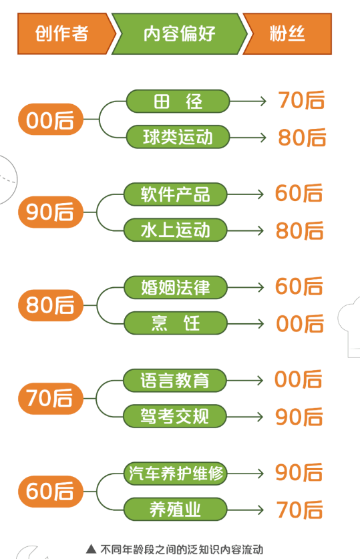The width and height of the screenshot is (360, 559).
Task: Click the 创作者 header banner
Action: [x=64, y=34]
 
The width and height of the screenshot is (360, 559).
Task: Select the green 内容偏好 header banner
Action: [x=179, y=34]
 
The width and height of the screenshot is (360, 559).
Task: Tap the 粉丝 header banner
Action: [x=287, y=34]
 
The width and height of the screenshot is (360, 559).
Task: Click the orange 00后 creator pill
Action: [x=50, y=120]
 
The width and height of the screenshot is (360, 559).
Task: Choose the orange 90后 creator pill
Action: [x=50, y=212]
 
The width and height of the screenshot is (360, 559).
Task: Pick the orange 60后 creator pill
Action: [x=50, y=492]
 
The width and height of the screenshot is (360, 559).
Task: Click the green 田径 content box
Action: [x=178, y=102]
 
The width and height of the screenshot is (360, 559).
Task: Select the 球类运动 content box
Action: [x=178, y=137]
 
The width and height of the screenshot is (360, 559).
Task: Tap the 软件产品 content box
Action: [x=176, y=194]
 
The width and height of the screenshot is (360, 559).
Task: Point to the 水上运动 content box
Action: [x=176, y=230]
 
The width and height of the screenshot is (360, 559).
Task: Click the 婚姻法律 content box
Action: [x=176, y=287]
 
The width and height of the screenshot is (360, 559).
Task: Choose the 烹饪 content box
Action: [x=176, y=323]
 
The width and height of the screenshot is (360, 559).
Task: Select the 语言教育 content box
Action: [x=174, y=381]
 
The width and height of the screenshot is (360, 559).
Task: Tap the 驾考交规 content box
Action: [x=174, y=416]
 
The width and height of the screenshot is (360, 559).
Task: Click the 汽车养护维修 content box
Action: [x=176, y=474]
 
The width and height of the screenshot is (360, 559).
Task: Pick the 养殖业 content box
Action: [x=176, y=510]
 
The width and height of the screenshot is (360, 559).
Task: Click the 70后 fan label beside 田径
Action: [x=301, y=100]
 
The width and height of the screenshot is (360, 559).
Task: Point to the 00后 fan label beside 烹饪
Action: [x=300, y=324]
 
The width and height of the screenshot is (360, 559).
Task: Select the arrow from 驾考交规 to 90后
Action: [x=244, y=416]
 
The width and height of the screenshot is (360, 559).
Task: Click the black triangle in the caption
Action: [x=92, y=549]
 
